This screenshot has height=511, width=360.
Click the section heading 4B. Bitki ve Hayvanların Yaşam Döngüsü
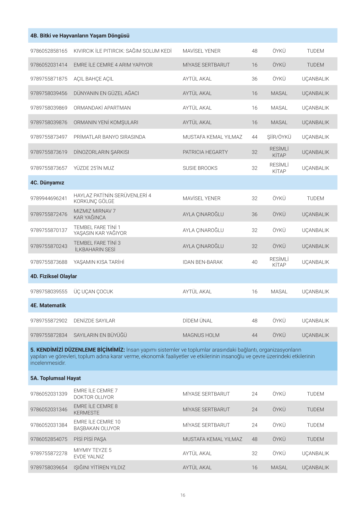click(80, 36)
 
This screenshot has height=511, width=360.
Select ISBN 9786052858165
click(49, 51)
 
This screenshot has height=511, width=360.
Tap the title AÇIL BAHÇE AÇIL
click(93, 79)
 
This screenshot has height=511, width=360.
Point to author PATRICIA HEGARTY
click(205, 152)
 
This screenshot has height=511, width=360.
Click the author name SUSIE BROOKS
click(200, 168)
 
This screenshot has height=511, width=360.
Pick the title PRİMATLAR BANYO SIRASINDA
click(109, 137)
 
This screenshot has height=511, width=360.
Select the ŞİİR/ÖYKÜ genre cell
click(279, 137)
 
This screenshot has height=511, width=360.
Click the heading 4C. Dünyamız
click(47, 183)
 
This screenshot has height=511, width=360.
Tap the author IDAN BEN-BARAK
click(202, 262)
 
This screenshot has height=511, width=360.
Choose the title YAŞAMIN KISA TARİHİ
click(99, 262)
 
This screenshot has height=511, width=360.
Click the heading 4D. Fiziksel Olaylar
click(54, 276)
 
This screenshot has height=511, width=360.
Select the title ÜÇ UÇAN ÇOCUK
click(93, 292)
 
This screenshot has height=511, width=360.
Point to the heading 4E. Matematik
click(48, 305)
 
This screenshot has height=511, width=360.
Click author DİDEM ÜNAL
click(197, 321)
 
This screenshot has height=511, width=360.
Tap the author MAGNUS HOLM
click(201, 335)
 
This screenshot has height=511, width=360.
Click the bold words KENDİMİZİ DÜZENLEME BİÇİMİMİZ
click(80, 350)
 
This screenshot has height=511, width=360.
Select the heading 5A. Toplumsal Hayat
click(56, 378)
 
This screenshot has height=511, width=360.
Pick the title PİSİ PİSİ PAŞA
click(90, 439)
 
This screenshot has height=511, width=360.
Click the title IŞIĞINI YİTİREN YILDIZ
click(99, 468)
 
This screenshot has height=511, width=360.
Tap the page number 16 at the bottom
click(183, 495)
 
